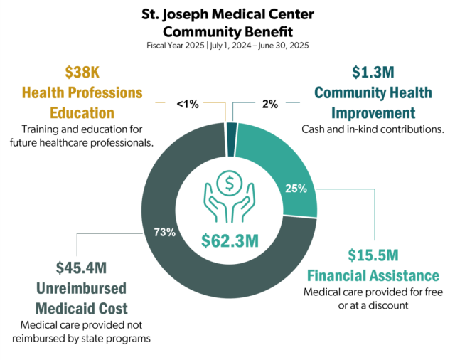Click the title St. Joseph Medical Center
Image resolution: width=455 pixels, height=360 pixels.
[227, 15]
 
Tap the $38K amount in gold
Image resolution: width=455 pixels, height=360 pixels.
[82, 72]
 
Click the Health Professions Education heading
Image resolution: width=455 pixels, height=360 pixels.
[82, 102]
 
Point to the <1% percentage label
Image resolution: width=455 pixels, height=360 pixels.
[188, 104]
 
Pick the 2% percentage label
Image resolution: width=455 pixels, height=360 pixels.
[269, 104]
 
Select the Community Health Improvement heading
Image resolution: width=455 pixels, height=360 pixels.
[365, 103]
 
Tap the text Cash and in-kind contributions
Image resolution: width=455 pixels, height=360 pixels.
[373, 129]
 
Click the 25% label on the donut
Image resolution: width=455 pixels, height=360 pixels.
[296, 189]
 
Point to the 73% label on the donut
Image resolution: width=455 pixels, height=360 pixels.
[164, 233]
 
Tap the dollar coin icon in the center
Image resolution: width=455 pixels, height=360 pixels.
[229, 184]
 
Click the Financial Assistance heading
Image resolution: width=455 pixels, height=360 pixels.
[373, 275]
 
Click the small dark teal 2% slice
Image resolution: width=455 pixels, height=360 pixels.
[232, 129]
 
